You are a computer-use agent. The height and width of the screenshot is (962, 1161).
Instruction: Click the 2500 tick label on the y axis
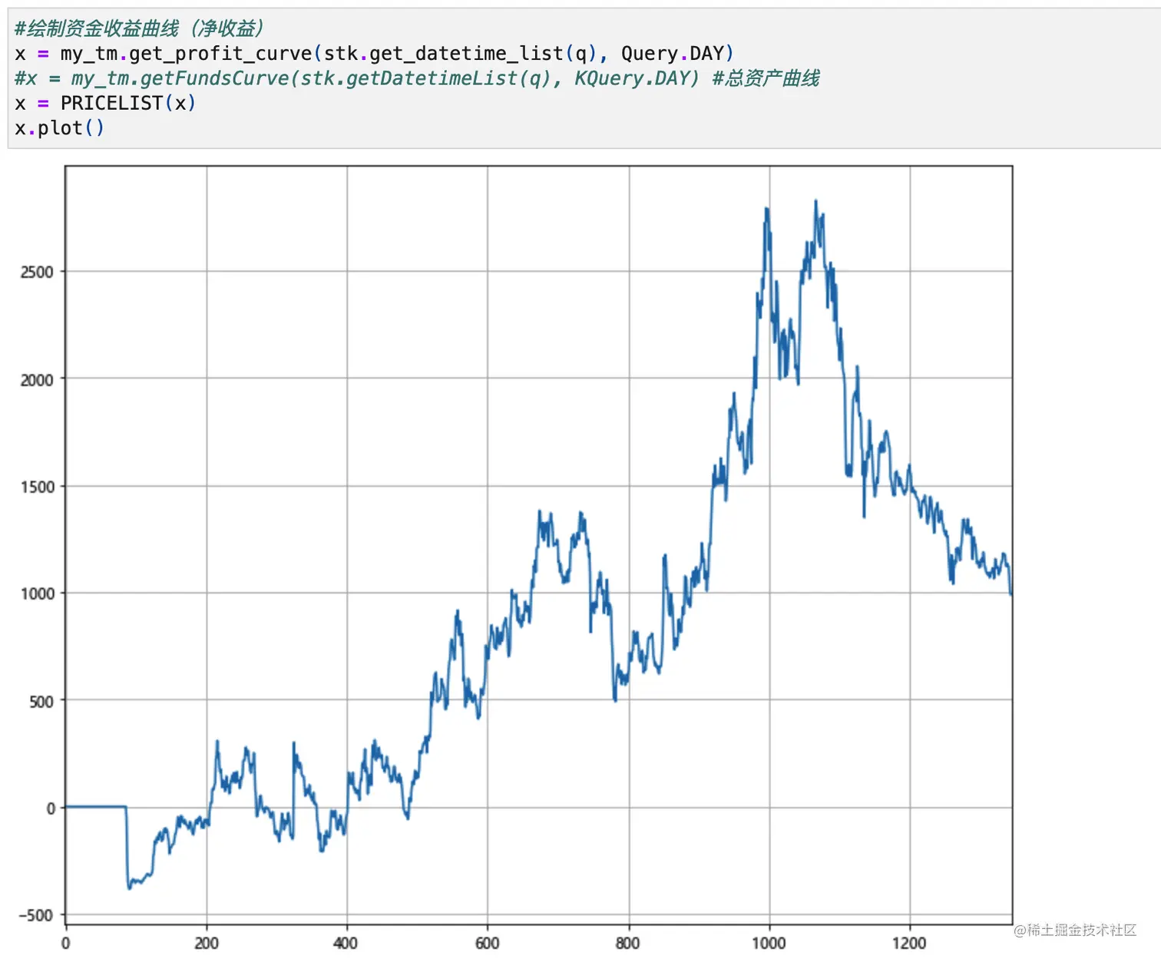37,272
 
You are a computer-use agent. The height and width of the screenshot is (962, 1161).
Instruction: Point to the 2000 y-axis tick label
37,379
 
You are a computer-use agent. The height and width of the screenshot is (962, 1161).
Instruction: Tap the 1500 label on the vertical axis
37,487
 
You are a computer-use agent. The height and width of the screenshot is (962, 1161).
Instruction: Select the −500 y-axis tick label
35,915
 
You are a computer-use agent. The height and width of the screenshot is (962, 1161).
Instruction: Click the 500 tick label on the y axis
41,701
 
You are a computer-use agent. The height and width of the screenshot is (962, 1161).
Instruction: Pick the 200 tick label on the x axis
206,943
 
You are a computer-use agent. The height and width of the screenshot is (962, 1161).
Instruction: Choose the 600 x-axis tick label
487,943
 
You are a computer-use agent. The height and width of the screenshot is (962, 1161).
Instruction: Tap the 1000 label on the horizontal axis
769,943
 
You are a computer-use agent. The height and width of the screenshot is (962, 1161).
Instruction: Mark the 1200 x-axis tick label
909,943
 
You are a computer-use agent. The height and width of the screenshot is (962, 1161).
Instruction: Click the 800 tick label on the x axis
628,943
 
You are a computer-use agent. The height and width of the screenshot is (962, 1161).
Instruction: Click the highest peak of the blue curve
815,201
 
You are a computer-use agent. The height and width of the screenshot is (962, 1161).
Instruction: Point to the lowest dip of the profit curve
129,888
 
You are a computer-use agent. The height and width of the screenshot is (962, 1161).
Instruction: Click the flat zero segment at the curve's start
95,807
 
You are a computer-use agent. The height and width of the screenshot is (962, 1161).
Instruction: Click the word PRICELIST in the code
111,103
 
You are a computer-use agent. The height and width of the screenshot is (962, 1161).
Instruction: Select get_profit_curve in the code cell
220,54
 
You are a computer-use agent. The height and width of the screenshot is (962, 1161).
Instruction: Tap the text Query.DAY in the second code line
672,54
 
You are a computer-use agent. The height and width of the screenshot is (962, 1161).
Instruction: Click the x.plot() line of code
59,127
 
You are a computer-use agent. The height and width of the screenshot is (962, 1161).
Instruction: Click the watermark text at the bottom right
1074,931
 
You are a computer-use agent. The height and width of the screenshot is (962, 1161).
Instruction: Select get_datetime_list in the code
467,54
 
